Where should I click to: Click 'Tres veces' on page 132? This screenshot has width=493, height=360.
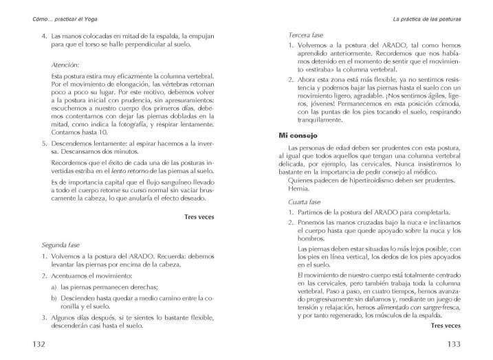[x=200, y=216]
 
